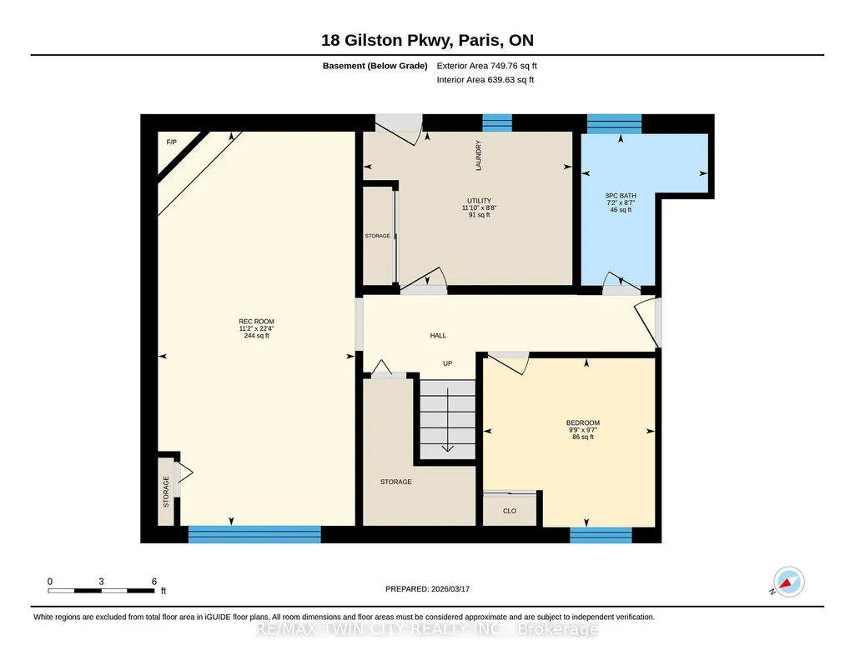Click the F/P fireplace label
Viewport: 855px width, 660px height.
pyautogui.click(x=171, y=142)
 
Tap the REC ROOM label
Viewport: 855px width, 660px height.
pyautogui.click(x=256, y=322)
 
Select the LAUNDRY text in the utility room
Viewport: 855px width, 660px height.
pyautogui.click(x=479, y=156)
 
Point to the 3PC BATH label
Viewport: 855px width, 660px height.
pyautogui.click(x=621, y=196)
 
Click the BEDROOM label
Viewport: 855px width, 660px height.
pyautogui.click(x=583, y=422)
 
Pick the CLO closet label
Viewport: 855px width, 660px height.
pyautogui.click(x=510, y=511)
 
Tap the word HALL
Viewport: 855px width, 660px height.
pyautogui.click(x=438, y=336)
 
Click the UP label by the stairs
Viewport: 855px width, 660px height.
pyautogui.click(x=448, y=363)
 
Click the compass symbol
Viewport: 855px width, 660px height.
pyautogui.click(x=788, y=582)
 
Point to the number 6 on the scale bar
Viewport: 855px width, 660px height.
pyautogui.click(x=154, y=581)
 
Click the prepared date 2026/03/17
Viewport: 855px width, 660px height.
pyautogui.click(x=450, y=588)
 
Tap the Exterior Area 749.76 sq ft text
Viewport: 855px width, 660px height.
pyautogui.click(x=487, y=66)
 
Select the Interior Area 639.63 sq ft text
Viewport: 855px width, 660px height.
pyautogui.click(x=485, y=79)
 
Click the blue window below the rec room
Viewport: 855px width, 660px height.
pyautogui.click(x=254, y=534)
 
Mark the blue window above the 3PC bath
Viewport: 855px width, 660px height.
pyautogui.click(x=614, y=123)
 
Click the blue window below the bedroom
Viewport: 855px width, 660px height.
pyautogui.click(x=601, y=535)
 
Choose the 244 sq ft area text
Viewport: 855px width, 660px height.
pyautogui.click(x=256, y=336)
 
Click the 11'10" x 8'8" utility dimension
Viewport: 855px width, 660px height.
pyautogui.click(x=480, y=207)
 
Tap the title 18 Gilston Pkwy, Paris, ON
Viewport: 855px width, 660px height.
pyautogui.click(x=427, y=40)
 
